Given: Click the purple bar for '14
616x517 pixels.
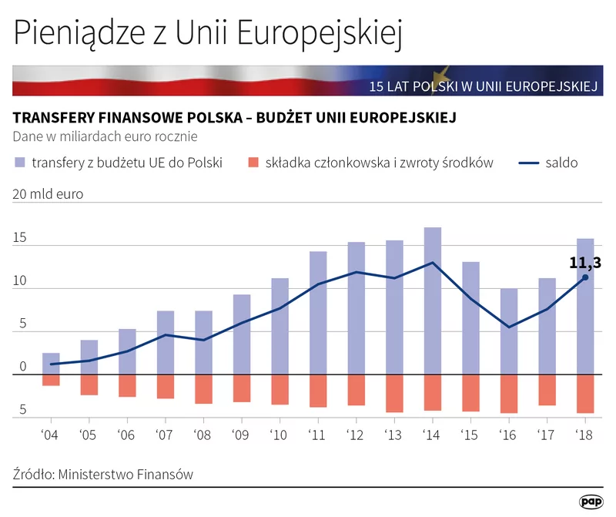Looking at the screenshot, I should (433, 300).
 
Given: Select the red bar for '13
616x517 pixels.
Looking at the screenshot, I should (394, 393).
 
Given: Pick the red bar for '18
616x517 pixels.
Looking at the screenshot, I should (585, 393).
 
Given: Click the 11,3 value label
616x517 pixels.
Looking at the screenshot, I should (584, 263).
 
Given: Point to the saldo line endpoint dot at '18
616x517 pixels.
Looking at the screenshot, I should (585, 277).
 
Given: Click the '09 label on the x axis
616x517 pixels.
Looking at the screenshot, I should (241, 435).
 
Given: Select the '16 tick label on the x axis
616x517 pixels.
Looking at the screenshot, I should (508, 435).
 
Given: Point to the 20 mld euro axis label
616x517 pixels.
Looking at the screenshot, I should (48, 194).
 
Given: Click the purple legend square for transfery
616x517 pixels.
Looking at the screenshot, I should (18, 163).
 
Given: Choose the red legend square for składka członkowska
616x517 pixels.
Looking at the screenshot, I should (252, 163).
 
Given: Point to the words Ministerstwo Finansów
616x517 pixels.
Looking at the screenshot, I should (126, 475).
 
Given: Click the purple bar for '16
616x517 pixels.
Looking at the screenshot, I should (508, 331).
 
